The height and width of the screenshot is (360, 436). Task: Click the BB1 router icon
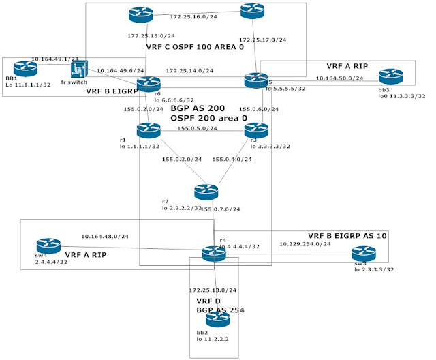pos(25,67)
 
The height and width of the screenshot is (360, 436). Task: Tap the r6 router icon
pos(148,84)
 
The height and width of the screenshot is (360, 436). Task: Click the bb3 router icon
pos(387,76)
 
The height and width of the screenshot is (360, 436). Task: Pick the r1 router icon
pos(148,130)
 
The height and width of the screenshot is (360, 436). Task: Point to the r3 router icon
pos(255,130)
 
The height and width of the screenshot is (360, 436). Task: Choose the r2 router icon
pos(205,192)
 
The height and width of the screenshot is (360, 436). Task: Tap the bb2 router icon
pos(217,319)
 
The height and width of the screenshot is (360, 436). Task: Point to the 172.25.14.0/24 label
pos(190,71)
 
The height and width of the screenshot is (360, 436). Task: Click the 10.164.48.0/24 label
pos(105,237)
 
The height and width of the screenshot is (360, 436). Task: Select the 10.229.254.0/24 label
pos(305,243)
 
